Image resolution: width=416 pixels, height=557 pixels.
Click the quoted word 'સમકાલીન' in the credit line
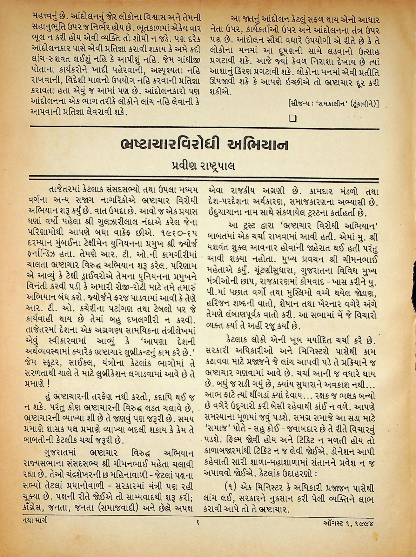[x=332, y=104]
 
